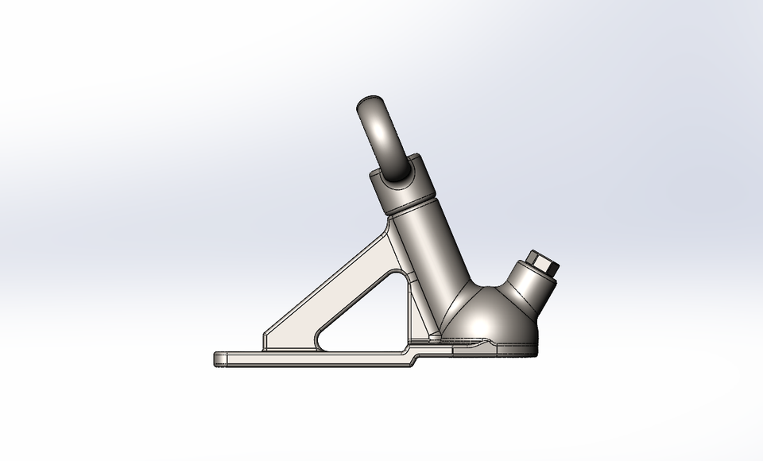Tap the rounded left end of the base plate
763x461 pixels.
tap(217, 359)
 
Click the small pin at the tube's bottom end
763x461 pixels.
tap(435, 337)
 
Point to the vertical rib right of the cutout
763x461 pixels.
tap(409, 310)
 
